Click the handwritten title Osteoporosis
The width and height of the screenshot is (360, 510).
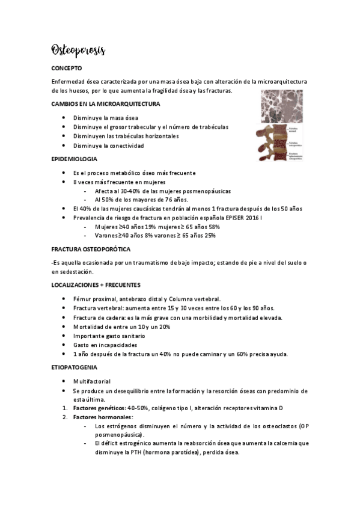tap(78, 50)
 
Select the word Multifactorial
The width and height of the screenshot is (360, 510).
tap(93, 381)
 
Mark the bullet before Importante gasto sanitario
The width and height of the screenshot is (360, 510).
tap(64, 336)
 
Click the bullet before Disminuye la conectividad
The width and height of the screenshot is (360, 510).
tap(64, 146)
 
